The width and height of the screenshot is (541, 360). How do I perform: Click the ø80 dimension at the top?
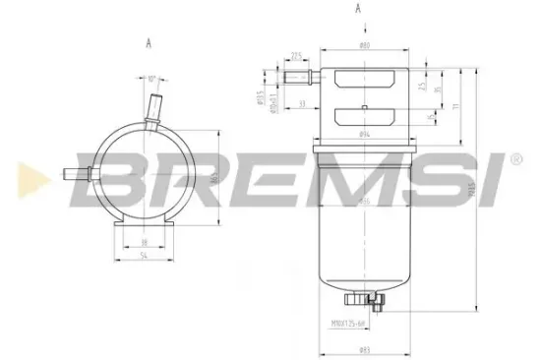tap(364, 46)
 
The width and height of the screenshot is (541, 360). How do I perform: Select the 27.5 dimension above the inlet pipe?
tap(296, 57)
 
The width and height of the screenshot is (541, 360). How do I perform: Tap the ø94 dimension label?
tap(364, 132)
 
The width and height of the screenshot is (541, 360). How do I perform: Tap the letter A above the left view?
tap(148, 43)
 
